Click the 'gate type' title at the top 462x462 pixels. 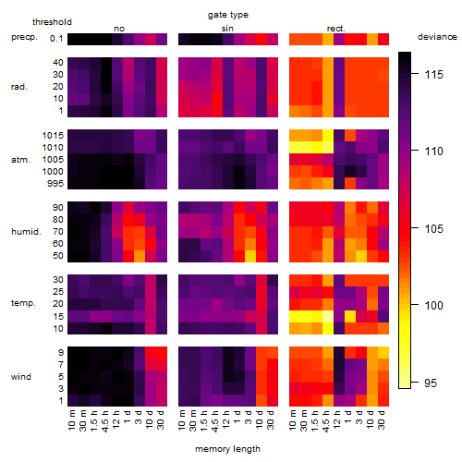228,15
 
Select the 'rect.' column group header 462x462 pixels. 335,29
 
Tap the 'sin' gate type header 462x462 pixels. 227,29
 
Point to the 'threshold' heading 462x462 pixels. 52,22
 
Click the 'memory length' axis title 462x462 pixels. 227,449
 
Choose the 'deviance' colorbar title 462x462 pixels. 437,37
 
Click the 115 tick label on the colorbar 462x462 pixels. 433,74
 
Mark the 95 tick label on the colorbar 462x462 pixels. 431,383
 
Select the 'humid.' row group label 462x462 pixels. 26,232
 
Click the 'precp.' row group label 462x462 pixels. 24,37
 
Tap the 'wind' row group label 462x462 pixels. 21,377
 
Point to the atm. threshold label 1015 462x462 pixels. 53,135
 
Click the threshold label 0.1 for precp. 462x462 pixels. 56,39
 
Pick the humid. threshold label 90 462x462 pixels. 57,207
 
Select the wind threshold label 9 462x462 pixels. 61,352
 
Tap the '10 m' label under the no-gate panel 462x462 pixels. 71,419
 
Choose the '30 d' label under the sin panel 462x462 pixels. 271,419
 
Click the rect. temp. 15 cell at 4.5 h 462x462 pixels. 328,316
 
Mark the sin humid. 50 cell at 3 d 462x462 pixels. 250,256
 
